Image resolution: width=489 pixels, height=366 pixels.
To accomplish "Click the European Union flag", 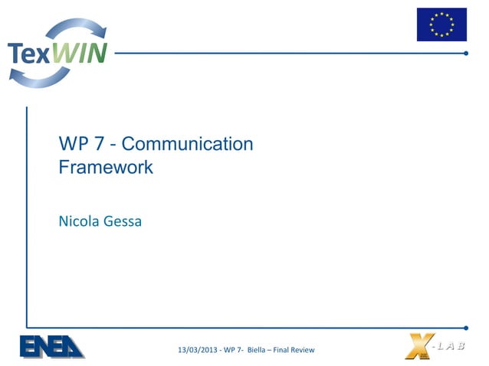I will coord(441,24).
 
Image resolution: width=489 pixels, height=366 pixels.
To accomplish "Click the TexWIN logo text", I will coord(57,54).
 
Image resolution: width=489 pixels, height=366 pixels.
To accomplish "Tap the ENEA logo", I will coord(52,346).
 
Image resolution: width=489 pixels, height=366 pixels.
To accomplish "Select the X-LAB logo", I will coord(434,346).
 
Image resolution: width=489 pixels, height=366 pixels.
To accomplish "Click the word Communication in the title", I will coord(187,144).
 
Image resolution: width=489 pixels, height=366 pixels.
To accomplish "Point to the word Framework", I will coord(106,167).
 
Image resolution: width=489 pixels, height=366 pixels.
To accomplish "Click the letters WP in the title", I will coord(74,144).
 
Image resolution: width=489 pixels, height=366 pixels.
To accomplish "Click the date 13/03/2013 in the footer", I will coord(197,351).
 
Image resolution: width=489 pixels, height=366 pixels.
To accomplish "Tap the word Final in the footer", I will coord(285,351).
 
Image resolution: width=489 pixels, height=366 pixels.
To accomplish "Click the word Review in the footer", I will coord(306,351).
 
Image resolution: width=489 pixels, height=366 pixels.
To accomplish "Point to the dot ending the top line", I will coord(467,54).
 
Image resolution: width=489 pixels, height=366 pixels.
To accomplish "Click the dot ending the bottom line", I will coord(467,326).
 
